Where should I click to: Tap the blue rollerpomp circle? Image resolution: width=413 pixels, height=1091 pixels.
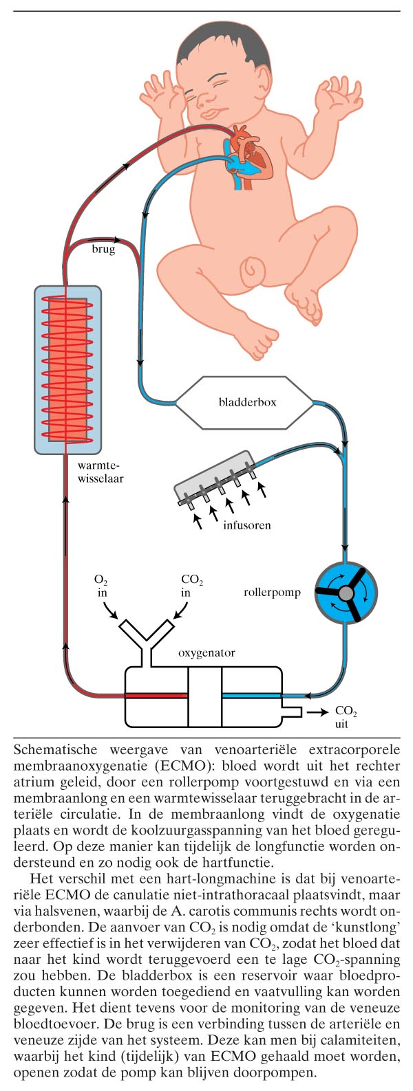pos(345,592)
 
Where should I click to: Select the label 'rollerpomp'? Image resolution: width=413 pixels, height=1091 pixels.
pos(272,592)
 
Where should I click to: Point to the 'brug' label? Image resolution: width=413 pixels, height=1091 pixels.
pos(103,250)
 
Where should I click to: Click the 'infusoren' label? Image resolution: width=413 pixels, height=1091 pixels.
pos(246,525)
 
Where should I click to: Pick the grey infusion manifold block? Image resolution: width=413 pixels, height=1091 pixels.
pos(215,482)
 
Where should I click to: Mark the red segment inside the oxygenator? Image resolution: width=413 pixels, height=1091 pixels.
pos(156,696)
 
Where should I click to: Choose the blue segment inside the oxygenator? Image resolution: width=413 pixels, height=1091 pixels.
pos(251,696)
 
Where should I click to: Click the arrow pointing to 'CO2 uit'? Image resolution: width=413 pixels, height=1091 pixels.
pos(317,712)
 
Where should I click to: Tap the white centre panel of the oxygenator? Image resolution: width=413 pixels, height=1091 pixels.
pos(204,696)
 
